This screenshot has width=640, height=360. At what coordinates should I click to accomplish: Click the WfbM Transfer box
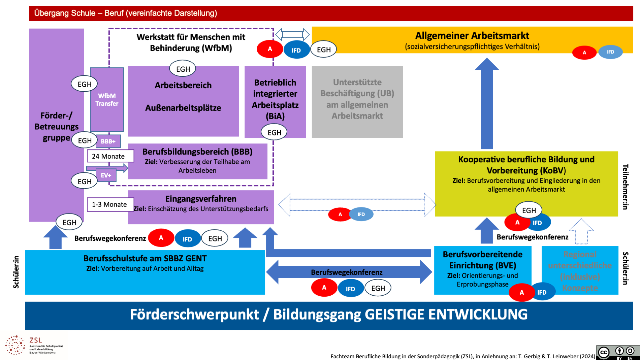click(x=107, y=100)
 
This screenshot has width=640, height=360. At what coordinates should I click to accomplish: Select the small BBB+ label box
click(x=108, y=141)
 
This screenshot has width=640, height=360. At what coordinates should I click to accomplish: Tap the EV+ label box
click(x=106, y=175)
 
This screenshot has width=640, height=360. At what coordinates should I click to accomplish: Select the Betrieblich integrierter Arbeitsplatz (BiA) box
click(x=275, y=99)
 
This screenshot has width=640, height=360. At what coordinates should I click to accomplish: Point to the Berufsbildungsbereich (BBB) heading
click(x=197, y=152)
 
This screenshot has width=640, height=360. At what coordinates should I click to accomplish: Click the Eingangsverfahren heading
click(x=201, y=199)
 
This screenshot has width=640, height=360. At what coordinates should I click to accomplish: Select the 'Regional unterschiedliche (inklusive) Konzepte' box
click(x=580, y=271)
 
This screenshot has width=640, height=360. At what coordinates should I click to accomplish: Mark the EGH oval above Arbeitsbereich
click(x=183, y=69)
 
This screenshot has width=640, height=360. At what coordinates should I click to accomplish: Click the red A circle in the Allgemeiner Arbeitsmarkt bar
click(x=584, y=53)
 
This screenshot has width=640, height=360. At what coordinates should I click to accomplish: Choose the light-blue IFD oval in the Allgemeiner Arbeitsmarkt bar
click(x=610, y=52)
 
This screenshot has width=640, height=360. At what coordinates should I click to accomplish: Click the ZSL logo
click(x=34, y=345)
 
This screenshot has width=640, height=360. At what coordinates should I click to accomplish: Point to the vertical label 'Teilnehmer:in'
click(x=626, y=187)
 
